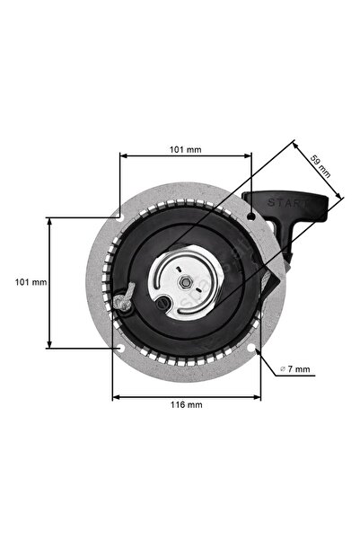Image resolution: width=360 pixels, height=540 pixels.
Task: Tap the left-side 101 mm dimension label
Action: coord(31,281)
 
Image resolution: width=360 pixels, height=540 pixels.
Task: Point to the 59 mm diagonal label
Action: coord(320,165)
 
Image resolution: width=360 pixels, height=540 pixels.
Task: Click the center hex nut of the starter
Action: coord(184,281)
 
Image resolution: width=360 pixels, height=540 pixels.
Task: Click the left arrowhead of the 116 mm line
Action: coord(115,395)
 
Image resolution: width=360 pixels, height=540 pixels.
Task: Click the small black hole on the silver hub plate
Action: coord(162,303)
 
